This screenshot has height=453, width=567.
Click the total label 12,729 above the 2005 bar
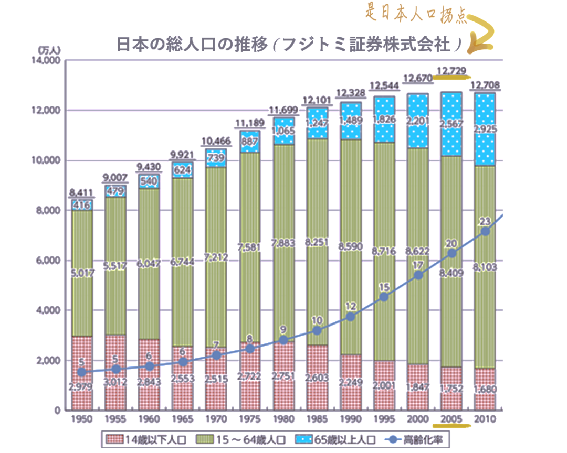(451, 70)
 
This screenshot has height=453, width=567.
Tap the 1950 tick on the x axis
(81, 419)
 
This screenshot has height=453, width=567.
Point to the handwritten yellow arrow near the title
(480, 34)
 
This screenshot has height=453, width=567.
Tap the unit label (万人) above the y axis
(50, 50)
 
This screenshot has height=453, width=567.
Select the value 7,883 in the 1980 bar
(284, 242)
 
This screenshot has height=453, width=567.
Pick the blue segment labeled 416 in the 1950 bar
(81, 205)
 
